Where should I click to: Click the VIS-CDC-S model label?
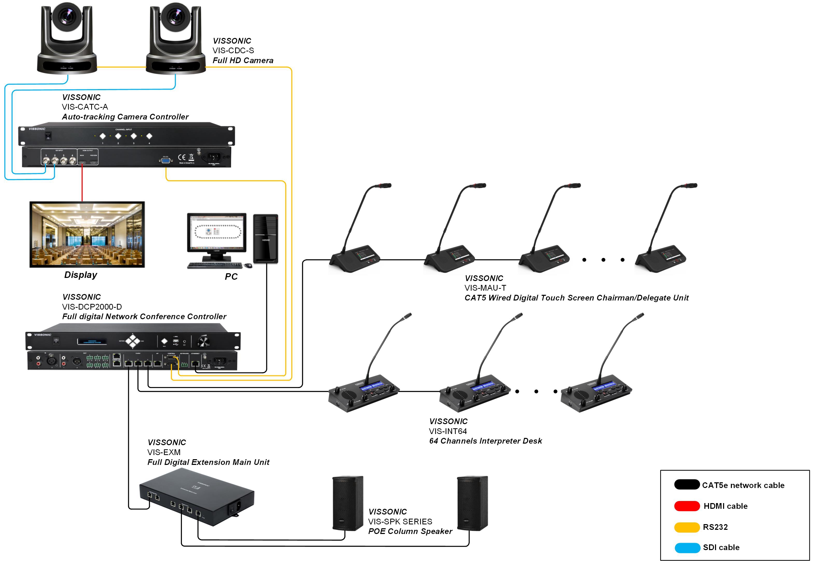click(x=233, y=51)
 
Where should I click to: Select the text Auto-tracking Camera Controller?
click(x=125, y=117)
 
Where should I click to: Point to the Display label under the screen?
click(x=81, y=275)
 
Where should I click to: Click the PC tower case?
click(x=266, y=239)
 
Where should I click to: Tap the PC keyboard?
click(x=215, y=266)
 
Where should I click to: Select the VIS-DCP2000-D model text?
click(x=92, y=307)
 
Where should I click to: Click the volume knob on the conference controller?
click(x=203, y=341)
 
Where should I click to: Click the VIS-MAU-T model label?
click(x=485, y=288)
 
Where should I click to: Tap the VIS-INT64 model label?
click(x=448, y=431)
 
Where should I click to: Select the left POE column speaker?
click(x=348, y=503)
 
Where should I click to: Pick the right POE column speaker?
click(x=472, y=503)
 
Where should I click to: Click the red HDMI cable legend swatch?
click(x=687, y=506)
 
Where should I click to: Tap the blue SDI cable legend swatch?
click(x=687, y=548)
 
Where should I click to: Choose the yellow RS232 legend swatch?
click(x=687, y=527)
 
